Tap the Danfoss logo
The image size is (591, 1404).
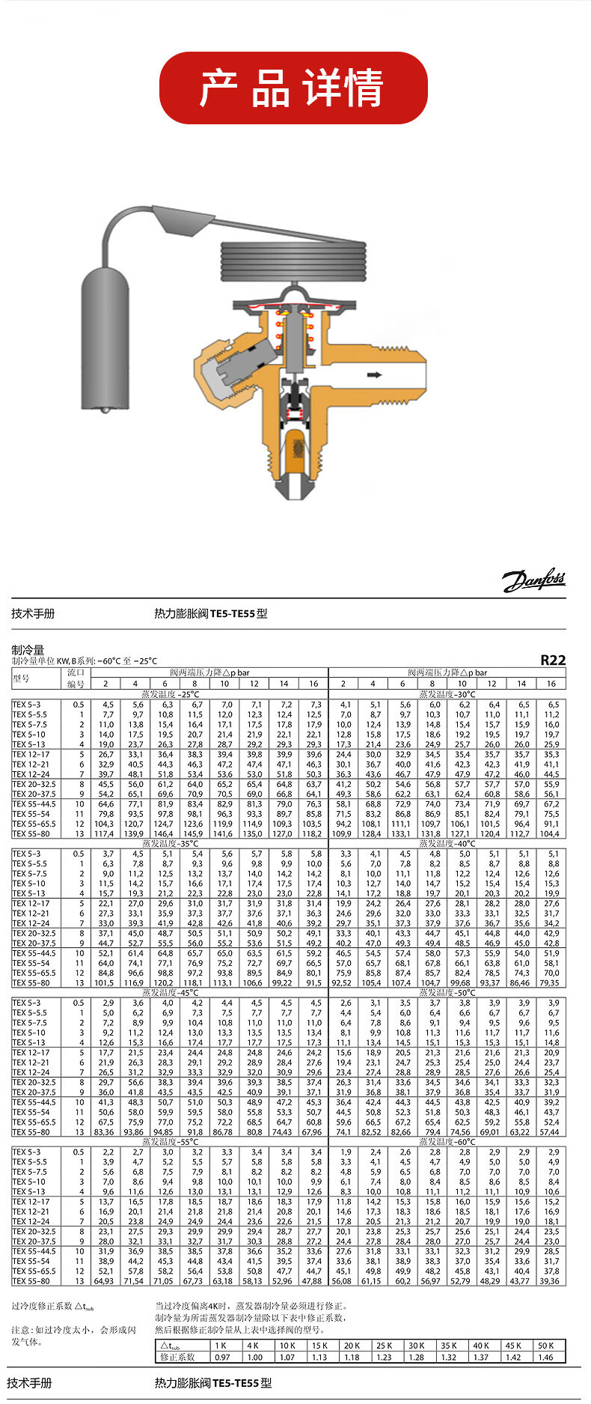[533, 580]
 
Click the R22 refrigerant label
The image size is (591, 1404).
[553, 660]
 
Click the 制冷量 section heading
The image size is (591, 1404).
[28, 650]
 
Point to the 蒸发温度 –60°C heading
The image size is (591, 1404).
[447, 1142]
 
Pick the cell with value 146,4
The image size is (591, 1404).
[165, 833]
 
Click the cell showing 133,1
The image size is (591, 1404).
[402, 833]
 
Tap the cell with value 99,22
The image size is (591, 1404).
[284, 982]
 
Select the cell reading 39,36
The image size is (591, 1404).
[551, 1281]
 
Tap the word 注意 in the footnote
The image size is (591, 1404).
[20, 1330]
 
